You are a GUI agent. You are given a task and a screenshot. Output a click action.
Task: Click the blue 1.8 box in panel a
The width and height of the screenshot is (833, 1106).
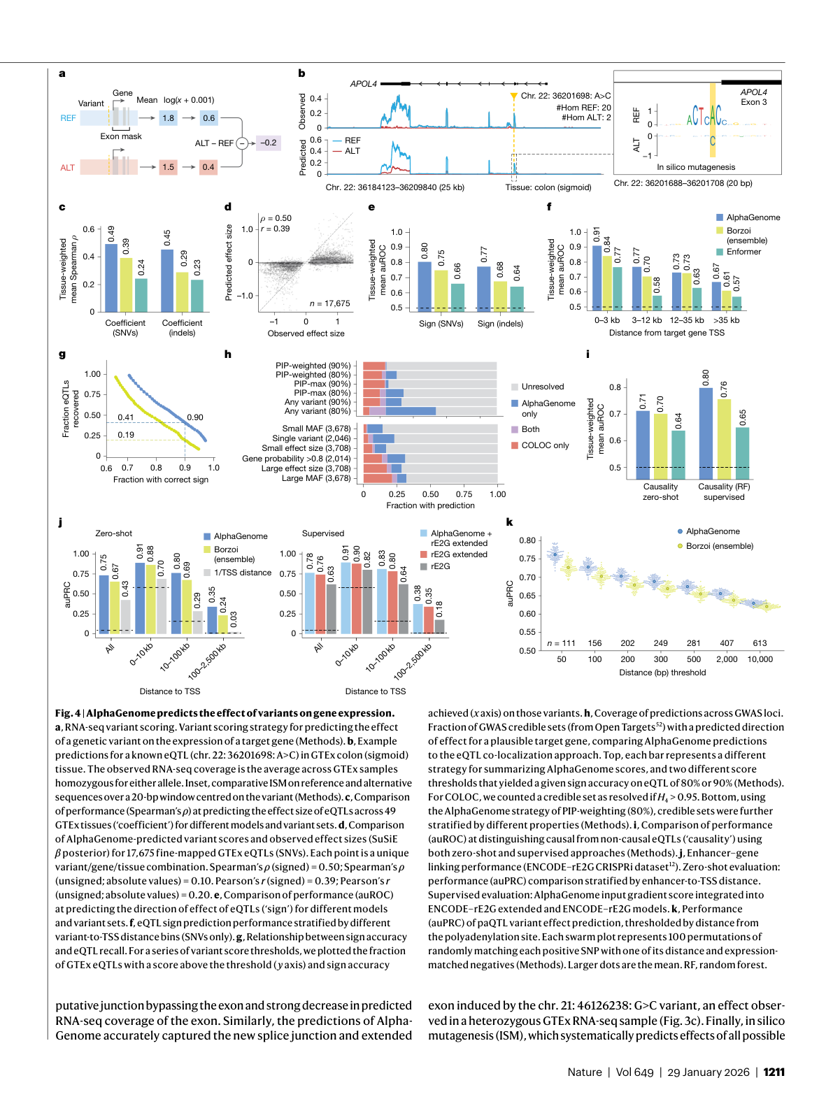[x=169, y=118]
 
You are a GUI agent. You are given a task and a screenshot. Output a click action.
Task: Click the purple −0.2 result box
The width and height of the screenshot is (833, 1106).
[x=268, y=143]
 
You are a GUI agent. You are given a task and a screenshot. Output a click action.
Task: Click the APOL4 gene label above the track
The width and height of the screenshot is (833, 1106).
[x=364, y=84]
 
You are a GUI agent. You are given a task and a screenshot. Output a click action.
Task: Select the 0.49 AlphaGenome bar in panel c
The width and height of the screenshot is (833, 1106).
[x=111, y=278]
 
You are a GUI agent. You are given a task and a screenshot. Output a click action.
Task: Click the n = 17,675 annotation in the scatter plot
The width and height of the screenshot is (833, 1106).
[x=330, y=303]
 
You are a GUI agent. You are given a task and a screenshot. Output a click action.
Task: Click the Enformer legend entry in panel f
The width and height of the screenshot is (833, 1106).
[x=743, y=252]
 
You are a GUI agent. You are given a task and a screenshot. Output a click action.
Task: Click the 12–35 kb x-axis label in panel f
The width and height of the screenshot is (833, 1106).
[x=686, y=320]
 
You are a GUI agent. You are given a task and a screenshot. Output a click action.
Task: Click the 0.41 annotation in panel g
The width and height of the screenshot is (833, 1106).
[x=126, y=417]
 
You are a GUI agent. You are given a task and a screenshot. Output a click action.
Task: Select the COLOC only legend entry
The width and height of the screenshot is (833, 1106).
[x=544, y=445]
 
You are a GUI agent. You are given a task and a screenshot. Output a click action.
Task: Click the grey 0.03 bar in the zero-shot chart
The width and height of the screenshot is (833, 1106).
[x=234, y=632]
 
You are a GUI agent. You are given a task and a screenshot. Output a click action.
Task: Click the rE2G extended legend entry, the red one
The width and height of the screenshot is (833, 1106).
[x=458, y=554]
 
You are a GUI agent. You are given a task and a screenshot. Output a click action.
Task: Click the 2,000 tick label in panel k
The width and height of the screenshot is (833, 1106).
[x=727, y=659]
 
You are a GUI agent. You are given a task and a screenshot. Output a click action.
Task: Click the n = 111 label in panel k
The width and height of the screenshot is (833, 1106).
[x=561, y=643]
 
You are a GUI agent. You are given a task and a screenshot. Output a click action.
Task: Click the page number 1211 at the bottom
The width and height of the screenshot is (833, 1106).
[x=774, y=1072]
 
